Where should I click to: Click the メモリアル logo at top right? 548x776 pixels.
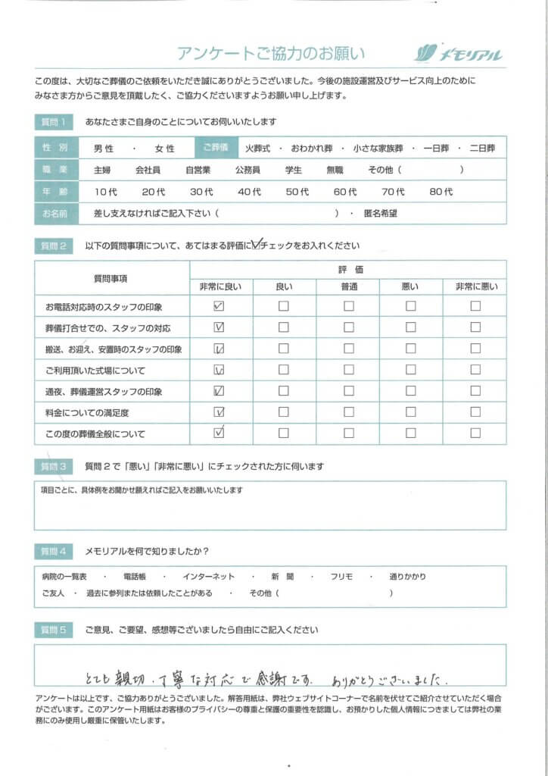[459, 54]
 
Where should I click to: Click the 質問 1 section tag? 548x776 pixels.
[54, 122]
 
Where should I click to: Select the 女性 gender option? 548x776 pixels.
[164, 149]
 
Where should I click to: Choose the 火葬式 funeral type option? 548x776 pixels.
[258, 148]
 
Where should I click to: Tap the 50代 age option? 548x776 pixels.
[297, 192]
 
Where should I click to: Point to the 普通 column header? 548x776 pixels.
[348, 286]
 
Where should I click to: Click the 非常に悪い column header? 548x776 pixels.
[475, 286]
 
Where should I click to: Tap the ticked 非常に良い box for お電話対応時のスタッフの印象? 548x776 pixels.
[220, 307]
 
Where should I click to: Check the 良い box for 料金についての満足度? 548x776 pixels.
[284, 413]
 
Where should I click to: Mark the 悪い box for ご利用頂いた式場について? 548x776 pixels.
[410, 371]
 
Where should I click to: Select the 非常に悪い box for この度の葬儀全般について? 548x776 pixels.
[475, 433]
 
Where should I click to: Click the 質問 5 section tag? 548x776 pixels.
[54, 630]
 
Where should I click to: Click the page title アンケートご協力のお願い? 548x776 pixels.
[271, 53]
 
